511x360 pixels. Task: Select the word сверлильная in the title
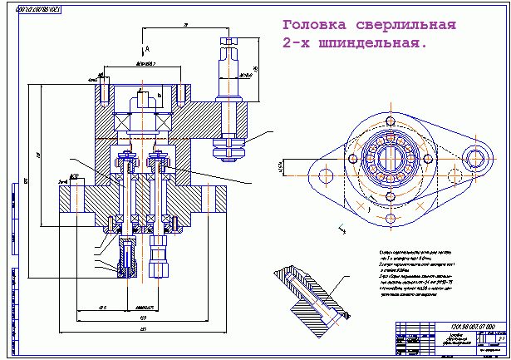[408, 24]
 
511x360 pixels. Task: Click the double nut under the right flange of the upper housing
[229, 148]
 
